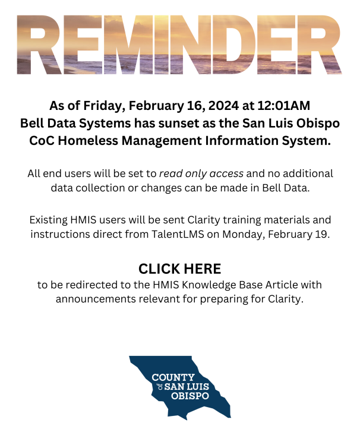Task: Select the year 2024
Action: coord(223,106)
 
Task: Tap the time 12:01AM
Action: coord(284,106)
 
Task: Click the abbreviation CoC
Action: coord(42,140)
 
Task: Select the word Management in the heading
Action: coord(162,141)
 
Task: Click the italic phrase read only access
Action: coord(201,174)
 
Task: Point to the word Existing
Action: coord(49,220)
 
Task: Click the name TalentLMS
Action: coord(178,234)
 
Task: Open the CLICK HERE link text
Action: coord(180,269)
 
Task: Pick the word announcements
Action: coord(96,299)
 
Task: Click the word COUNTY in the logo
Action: coord(173,377)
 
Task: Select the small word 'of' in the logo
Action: coord(160,387)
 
